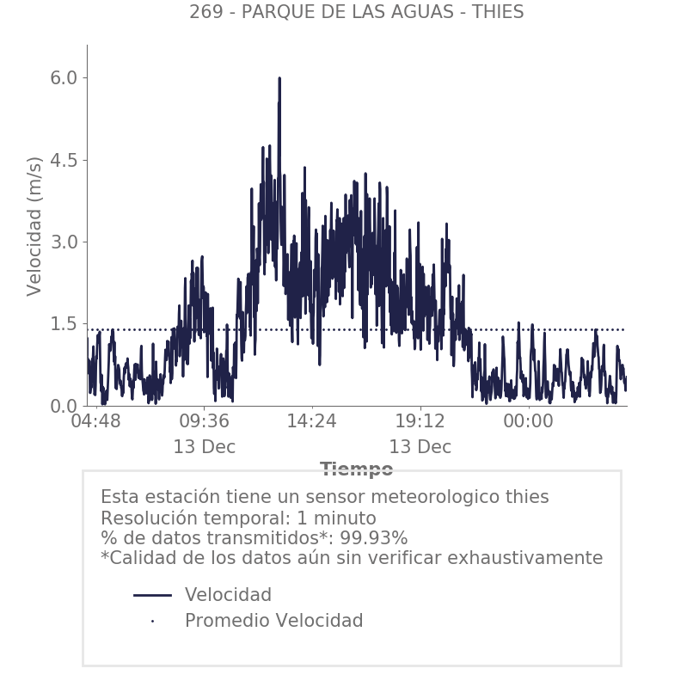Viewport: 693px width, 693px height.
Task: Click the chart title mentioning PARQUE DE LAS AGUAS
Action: [x=356, y=13]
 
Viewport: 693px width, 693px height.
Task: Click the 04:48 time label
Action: [x=95, y=422]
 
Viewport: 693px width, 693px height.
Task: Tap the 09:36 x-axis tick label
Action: [x=204, y=422]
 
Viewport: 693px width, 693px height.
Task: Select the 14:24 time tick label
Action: [x=312, y=422]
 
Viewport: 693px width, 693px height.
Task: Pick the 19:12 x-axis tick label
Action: [x=420, y=422]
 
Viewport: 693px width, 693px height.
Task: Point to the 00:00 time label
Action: [x=528, y=422]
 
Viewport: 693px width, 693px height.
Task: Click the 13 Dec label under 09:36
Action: [x=204, y=448]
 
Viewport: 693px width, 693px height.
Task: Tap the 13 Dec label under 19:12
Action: [x=420, y=448]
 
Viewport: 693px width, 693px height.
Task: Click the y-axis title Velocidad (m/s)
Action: [x=34, y=226]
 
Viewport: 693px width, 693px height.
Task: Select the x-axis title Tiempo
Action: [x=356, y=469]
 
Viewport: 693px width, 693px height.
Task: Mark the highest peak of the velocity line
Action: [x=279, y=78]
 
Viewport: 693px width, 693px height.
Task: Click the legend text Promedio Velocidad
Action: [x=273, y=621]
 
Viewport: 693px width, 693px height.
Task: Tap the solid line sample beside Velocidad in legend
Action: [x=153, y=595]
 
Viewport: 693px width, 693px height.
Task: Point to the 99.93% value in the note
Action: [x=371, y=538]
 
